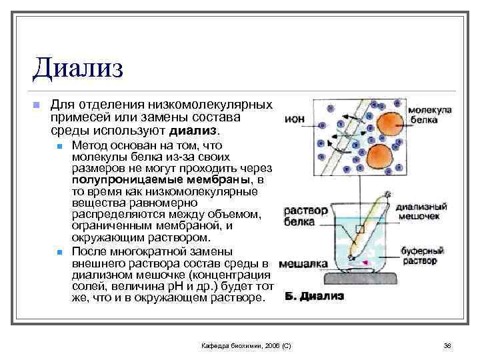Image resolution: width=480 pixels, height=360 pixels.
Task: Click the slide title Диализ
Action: [x=79, y=69]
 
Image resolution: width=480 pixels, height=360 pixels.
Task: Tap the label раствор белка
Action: [x=306, y=216]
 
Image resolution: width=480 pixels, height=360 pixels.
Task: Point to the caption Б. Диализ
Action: [x=315, y=296]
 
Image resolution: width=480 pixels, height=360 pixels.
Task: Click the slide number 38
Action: [x=447, y=346]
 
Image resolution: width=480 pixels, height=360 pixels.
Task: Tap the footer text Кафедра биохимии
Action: [x=246, y=346]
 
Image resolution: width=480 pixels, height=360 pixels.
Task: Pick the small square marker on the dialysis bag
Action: [x=360, y=229]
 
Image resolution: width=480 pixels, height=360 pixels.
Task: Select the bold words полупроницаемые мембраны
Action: [x=139, y=180]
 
